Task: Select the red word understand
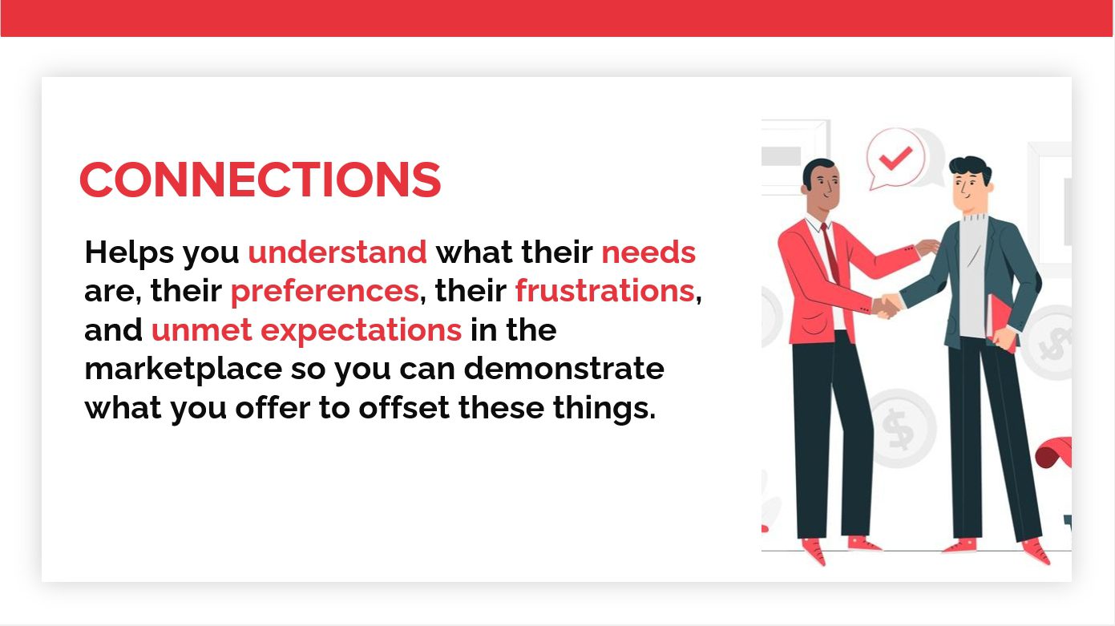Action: pyautogui.click(x=337, y=252)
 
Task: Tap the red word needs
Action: pyautogui.click(x=648, y=252)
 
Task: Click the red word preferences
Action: pyautogui.click(x=325, y=291)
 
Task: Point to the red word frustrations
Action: pyautogui.click(x=604, y=291)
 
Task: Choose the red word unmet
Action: pyautogui.click(x=201, y=330)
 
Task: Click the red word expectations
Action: pyautogui.click(x=362, y=330)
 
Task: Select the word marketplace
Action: pyautogui.click(x=184, y=370)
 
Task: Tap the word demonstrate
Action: pyautogui.click(x=564, y=368)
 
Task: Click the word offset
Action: pyautogui.click(x=404, y=407)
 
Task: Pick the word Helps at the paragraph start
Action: pyautogui.click(x=129, y=252)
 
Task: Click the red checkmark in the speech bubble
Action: pyautogui.click(x=895, y=158)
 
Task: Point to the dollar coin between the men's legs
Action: pyautogui.click(x=899, y=429)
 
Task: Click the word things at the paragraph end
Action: pyautogui.click(x=604, y=408)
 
